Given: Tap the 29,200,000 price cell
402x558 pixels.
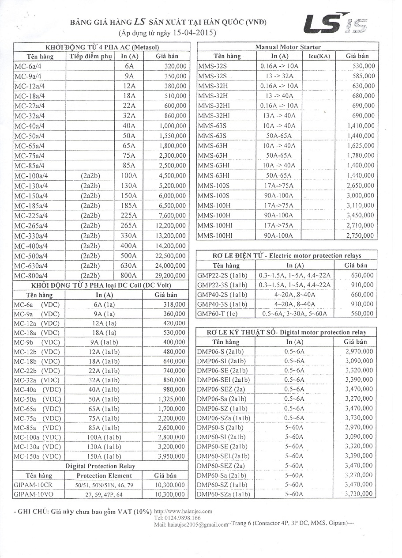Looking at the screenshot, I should tap(169, 276).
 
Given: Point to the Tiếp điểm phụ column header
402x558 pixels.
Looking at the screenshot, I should tap(90, 57).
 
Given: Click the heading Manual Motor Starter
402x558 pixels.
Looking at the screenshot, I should tap(288, 47).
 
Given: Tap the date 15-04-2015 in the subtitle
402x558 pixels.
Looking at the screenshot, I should tap(190, 33).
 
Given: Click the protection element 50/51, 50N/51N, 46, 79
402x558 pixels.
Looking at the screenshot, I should tap(104, 485).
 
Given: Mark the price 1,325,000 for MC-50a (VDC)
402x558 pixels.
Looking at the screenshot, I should tap(171, 399).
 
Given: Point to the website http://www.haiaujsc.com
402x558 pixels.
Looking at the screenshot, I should tap(184, 511).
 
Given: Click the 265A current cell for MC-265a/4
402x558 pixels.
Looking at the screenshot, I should tap(129, 226).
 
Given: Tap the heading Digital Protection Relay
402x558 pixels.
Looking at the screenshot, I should tap(100, 466).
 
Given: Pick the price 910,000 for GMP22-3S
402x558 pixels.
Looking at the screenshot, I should tap(361, 285).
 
